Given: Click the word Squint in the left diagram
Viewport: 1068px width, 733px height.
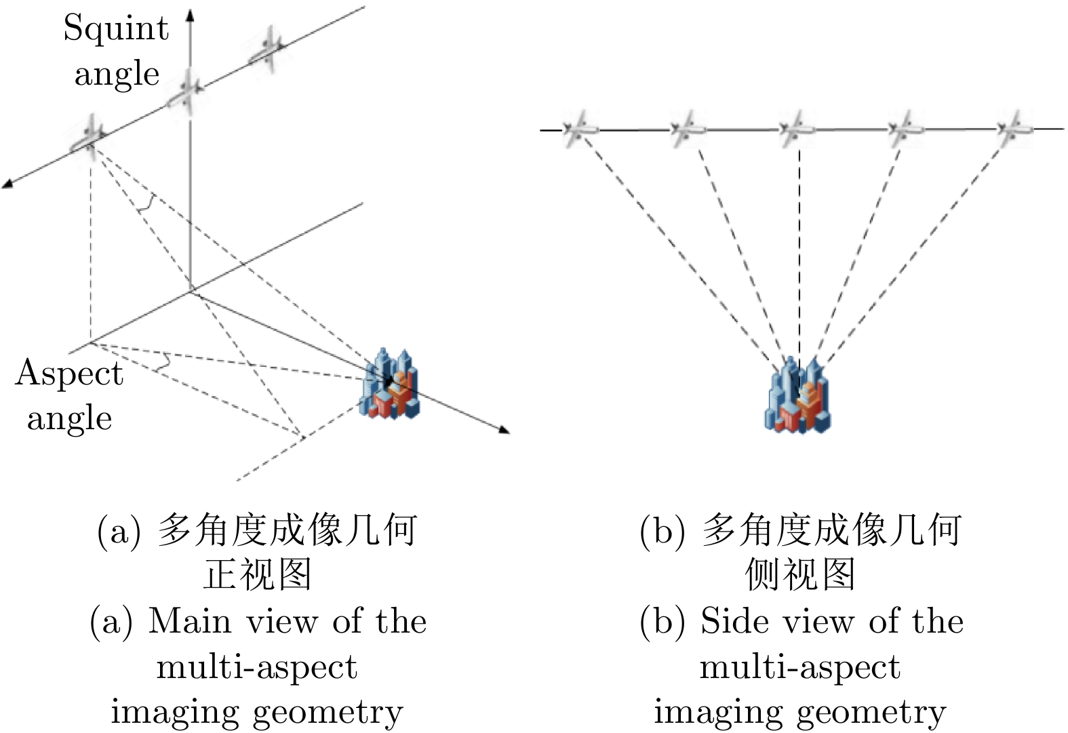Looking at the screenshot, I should coord(116,29).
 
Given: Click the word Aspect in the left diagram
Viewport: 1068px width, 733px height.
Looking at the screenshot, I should coord(69,374).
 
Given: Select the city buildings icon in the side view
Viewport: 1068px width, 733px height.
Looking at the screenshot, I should coord(799,396).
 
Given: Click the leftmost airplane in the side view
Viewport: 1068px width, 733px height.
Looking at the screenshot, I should coord(580,129).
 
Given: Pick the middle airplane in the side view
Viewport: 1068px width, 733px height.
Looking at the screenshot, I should coord(797,129).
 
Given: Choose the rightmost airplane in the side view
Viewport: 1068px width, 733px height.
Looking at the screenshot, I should coord(1014,128).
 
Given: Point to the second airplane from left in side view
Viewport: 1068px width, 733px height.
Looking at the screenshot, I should coord(688,129).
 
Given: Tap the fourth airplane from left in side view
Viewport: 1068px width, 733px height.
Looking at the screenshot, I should coord(906,129).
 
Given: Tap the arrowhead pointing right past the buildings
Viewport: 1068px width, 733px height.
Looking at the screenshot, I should coord(503,429).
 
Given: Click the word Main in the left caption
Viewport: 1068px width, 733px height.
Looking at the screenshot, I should coord(189,621).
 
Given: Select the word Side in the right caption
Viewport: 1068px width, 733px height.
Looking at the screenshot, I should coord(728,621).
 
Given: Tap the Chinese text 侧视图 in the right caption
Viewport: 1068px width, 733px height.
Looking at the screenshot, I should coord(800,575).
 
